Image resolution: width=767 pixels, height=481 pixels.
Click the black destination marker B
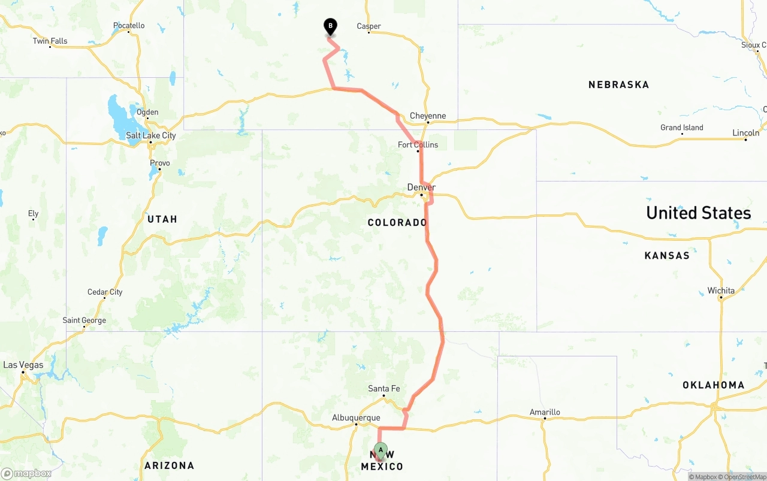tap(330, 27)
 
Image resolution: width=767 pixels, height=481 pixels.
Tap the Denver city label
tap(421, 187)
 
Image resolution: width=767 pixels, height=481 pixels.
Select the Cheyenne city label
tap(428, 116)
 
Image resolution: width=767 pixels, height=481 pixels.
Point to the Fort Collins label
tap(418, 144)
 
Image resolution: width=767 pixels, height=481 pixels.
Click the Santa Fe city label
tap(383, 389)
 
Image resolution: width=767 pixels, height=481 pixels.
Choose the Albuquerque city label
tap(356, 418)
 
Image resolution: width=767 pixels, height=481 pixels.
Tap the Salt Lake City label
tap(151, 135)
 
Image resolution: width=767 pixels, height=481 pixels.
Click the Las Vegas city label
tap(23, 365)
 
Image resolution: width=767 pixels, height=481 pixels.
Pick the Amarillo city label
tap(545, 412)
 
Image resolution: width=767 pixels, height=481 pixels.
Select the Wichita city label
tap(721, 291)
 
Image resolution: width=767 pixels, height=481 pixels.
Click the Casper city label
tap(369, 26)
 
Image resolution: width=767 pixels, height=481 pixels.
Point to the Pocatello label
tap(129, 26)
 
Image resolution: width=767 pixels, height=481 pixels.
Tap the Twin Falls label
tap(50, 41)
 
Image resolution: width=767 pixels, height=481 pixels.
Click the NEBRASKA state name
tap(618, 84)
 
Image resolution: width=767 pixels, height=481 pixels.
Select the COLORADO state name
tap(397, 222)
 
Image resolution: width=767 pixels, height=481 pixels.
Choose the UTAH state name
tap(162, 219)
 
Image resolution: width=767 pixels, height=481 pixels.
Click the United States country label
tap(698, 213)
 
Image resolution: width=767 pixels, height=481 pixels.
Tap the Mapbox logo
tap(26, 473)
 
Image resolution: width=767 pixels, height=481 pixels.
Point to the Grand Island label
tap(682, 128)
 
